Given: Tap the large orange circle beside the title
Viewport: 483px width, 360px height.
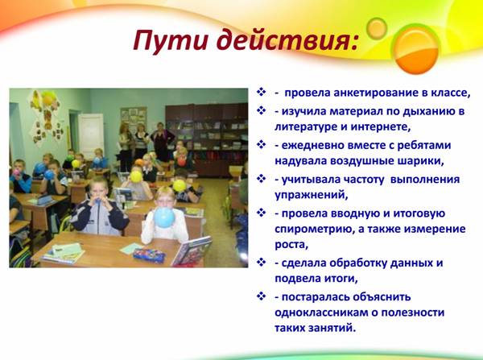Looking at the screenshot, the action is (416, 49).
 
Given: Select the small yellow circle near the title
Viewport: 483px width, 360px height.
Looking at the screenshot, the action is (377, 28).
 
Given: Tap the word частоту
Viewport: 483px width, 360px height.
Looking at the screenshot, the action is (361, 180).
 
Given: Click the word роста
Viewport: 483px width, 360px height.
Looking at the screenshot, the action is (291, 245).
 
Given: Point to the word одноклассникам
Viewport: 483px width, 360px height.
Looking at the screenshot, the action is (320, 312).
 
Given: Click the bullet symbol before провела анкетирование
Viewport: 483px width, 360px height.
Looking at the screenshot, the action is (261, 92).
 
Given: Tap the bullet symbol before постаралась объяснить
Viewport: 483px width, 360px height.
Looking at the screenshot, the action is (261, 296).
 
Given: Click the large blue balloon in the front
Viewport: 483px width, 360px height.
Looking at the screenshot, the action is (164, 217).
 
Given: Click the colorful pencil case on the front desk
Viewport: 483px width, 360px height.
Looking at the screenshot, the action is (150, 255).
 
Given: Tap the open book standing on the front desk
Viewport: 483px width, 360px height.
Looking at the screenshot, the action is (192, 251).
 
